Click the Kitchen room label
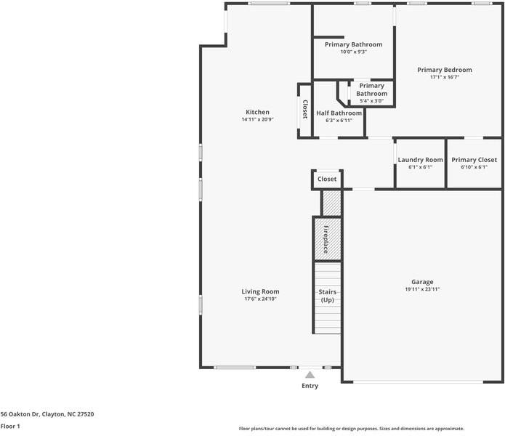point(257,113)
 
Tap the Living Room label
point(260,291)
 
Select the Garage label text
point(422,282)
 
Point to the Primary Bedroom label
point(444,70)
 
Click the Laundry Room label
point(420,160)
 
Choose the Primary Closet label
point(474,160)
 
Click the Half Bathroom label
point(339,113)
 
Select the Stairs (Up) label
point(327,296)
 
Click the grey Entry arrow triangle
point(310,375)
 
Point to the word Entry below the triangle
point(310,386)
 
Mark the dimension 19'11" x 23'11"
point(422,289)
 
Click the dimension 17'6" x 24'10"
point(260,299)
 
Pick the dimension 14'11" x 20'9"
point(257,120)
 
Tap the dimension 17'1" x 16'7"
point(444,77)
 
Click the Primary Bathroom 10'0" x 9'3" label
point(353,45)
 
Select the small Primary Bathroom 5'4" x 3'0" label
point(371,90)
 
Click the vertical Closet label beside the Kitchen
point(305,109)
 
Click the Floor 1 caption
point(10,427)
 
